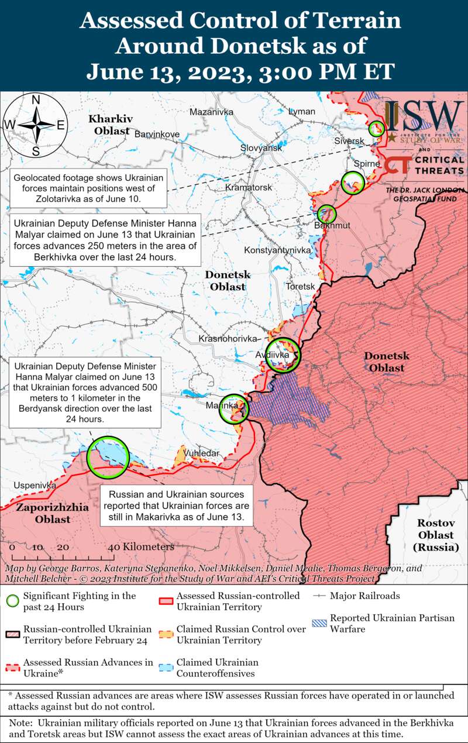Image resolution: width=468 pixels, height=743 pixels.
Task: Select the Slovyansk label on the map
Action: pos(261,148)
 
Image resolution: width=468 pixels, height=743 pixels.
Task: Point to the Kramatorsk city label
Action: pos(249,188)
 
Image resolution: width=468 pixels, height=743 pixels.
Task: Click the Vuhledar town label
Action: pos(201,453)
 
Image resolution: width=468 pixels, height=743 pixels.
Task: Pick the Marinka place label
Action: pos(222,405)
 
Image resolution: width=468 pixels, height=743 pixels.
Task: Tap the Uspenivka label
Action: pos(35,486)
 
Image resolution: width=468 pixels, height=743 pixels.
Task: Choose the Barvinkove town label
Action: pos(157,134)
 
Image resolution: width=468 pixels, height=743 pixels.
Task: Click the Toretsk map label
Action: pos(300,287)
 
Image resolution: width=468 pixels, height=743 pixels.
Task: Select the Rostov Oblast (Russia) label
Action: pos(435,535)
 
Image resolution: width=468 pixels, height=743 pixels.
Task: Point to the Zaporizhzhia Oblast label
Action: pos(52,513)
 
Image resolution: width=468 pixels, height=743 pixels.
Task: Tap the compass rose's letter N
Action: pos(35,99)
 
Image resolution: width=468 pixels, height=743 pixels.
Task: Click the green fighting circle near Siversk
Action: pos(376,129)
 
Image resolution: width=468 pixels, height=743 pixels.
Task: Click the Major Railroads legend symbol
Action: pos(319,596)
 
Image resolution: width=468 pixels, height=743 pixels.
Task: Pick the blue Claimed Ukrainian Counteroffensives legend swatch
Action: pos(167,668)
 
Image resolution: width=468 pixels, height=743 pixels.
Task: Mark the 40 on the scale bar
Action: pos(113,547)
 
